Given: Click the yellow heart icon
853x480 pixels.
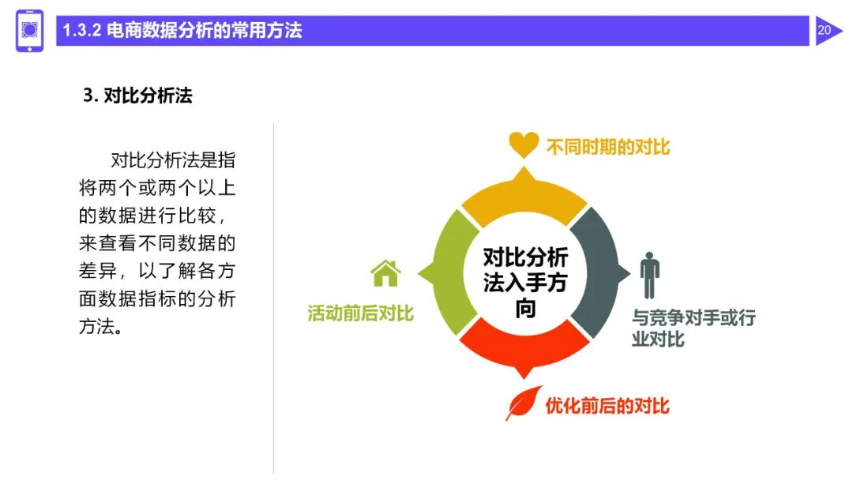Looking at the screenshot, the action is pos(524,144).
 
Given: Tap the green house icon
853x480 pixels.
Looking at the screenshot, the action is pos(385,273).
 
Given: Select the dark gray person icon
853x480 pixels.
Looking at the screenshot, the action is pos(649,276).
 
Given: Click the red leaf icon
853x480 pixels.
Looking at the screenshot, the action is pos(520,405).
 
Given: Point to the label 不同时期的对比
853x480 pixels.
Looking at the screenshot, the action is pos(607,147).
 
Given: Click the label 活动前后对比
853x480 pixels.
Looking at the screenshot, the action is pos(360,313).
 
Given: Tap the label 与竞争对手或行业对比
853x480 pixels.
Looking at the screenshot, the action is pos(693,328).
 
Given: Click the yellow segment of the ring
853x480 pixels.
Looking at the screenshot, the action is pos(524,193).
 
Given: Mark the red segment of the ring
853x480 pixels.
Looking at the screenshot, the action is pos(524,351).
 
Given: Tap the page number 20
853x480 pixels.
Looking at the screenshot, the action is pos(825,31).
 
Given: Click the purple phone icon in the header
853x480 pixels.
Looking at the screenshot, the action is pos(30,31).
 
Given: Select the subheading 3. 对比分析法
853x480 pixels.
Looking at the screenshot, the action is pos(137,96).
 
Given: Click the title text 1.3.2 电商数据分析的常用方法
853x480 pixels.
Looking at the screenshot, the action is pos(182,32).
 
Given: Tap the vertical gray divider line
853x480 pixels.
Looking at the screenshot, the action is pos(274,300).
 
